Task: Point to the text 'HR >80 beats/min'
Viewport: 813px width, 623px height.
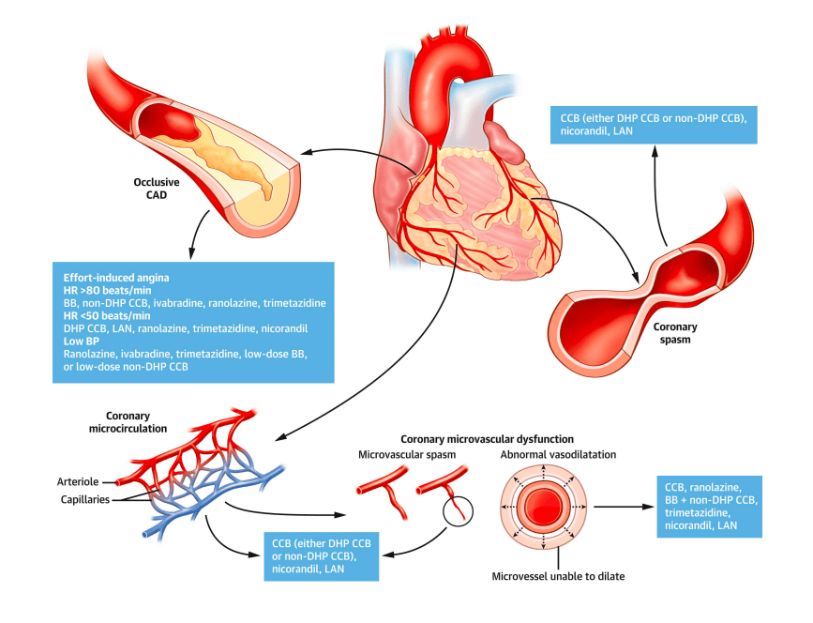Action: coord(106,292)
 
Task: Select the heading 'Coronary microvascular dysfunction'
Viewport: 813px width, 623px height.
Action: coord(487,438)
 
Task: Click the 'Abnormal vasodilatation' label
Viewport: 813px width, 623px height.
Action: coord(545,455)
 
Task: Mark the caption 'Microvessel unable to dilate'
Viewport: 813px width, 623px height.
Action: coord(544,574)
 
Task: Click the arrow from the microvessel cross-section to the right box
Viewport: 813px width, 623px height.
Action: coord(619,508)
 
